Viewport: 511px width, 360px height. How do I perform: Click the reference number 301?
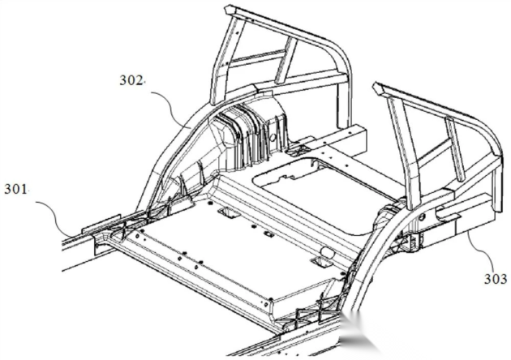[x=15, y=189]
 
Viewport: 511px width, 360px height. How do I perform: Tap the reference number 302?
[x=131, y=80]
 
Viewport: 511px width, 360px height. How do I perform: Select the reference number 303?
[x=496, y=279]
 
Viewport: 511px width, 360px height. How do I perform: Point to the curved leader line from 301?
[x=56, y=215]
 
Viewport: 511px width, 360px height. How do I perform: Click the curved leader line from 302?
[x=172, y=106]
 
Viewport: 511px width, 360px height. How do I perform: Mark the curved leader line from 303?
[x=482, y=247]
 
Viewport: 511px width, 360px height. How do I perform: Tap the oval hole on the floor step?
[x=327, y=251]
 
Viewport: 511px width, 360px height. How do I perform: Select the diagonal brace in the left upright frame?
[x=286, y=60]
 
